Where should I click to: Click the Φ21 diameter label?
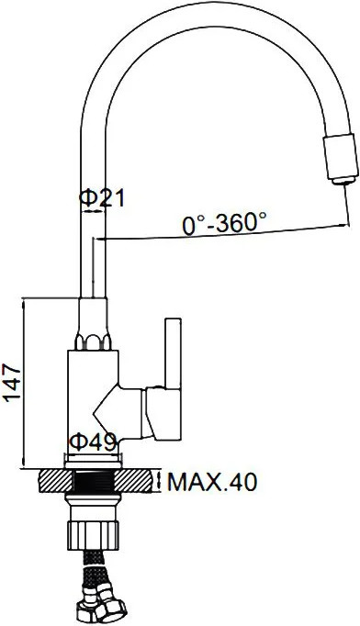click(x=102, y=198)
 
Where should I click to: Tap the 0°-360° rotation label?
click(x=224, y=223)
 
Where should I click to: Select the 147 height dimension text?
click(x=12, y=383)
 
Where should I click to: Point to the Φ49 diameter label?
click(x=93, y=442)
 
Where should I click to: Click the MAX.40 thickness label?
click(x=212, y=482)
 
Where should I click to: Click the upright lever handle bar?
click(x=173, y=352)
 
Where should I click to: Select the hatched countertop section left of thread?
click(x=57, y=481)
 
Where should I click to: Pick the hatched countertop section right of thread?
click(x=135, y=481)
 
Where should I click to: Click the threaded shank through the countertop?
click(x=96, y=481)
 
